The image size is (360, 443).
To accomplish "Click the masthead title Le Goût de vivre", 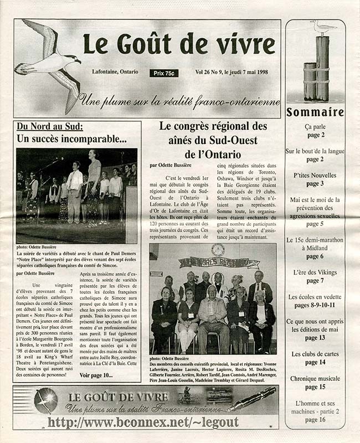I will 178,44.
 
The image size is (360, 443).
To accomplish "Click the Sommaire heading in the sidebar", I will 315,113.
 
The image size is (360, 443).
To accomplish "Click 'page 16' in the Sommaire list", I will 315,420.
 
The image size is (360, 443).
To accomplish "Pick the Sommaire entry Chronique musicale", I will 315,379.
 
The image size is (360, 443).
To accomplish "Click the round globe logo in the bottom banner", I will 45,400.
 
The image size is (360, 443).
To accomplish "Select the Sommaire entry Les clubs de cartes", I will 315,354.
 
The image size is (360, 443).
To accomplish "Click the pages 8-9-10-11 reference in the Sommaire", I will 315,305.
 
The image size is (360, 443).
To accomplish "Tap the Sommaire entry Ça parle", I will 315,127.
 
